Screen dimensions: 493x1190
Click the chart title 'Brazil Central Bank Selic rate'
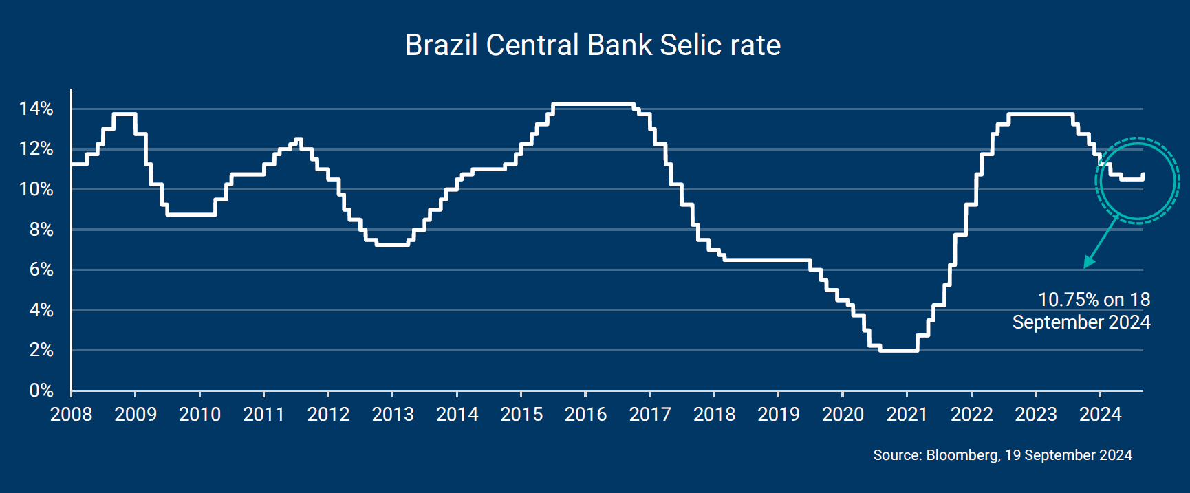[592, 45]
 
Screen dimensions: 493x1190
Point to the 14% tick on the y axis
[36, 109]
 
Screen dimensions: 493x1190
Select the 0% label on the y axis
[41, 391]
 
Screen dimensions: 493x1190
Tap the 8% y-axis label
[41, 230]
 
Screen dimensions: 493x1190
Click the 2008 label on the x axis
[71, 414]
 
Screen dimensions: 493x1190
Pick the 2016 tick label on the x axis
[585, 414]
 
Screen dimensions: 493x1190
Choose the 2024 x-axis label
[1100, 414]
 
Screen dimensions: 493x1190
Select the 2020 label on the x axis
[843, 414]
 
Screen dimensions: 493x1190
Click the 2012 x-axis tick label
[328, 414]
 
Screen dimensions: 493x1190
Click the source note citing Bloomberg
[1002, 455]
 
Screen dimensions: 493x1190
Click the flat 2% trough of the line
[898, 351]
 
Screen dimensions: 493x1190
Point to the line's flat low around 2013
[392, 244]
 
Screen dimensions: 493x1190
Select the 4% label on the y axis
[41, 310]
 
